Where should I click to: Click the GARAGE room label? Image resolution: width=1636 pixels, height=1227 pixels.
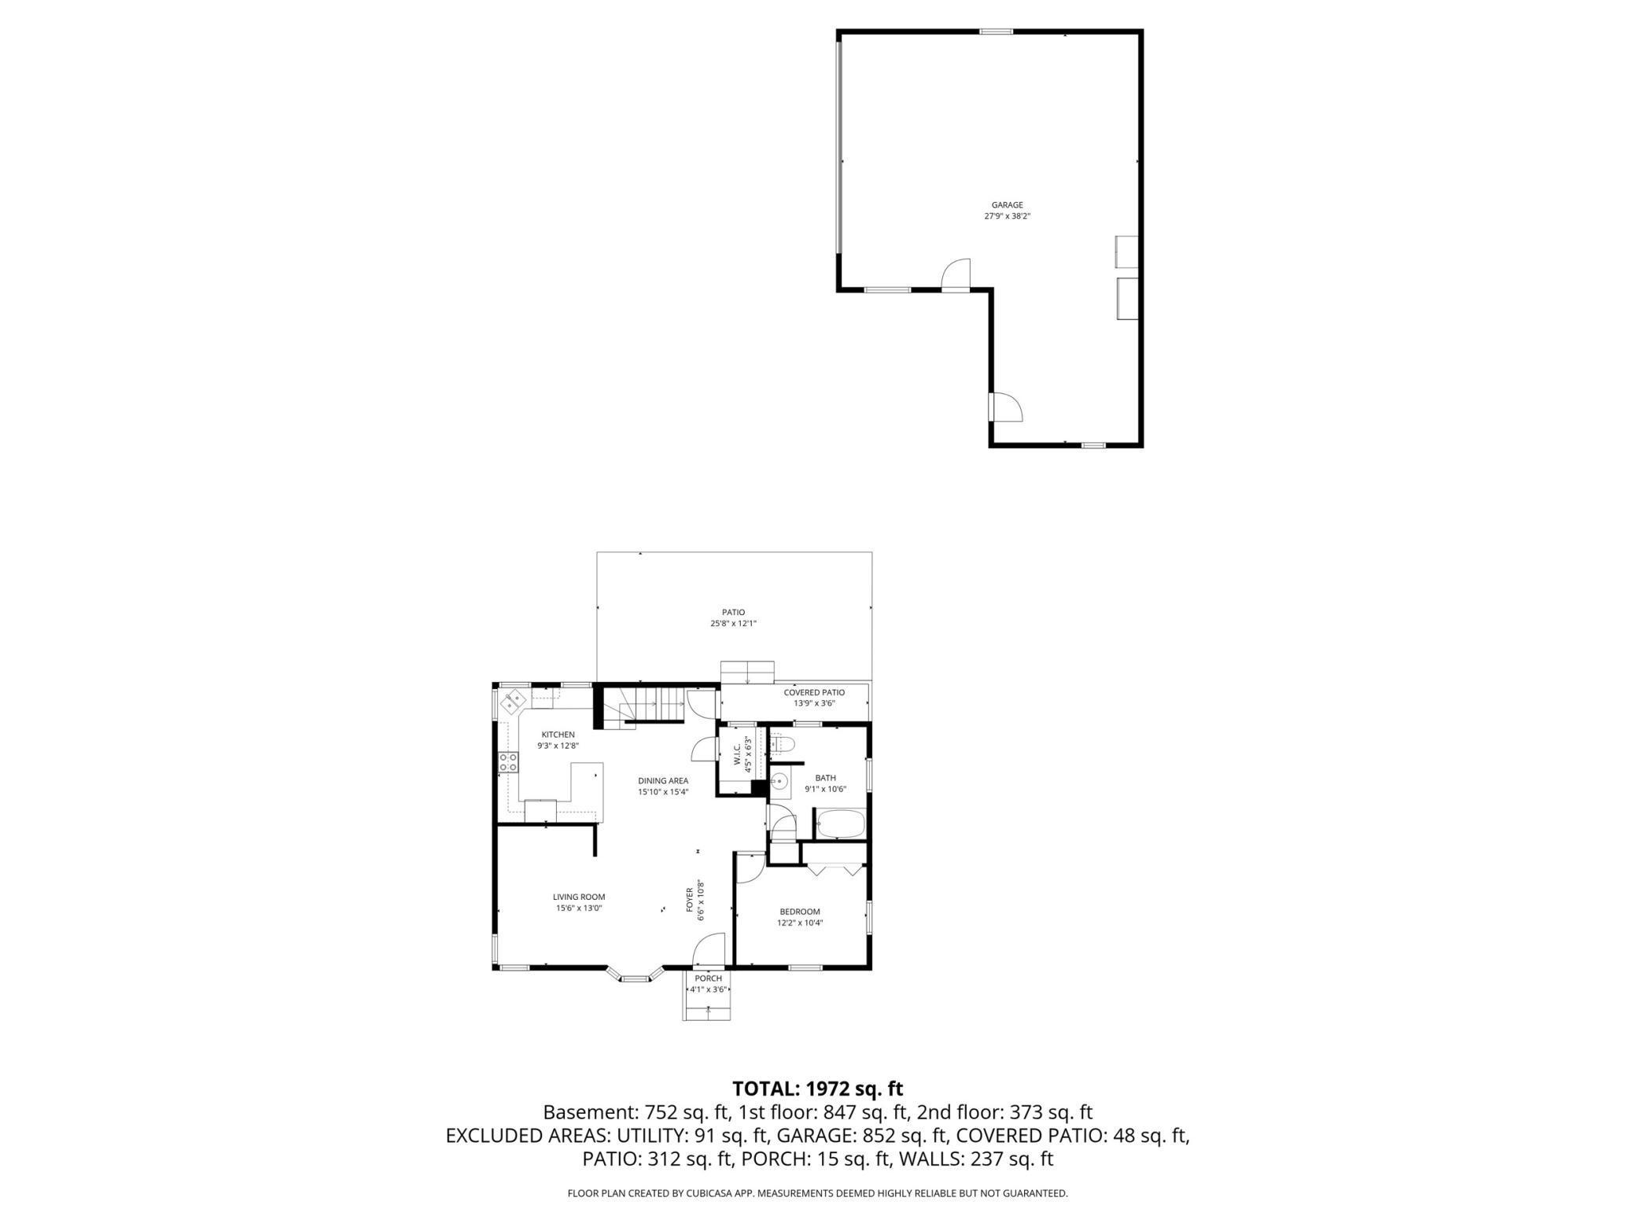click(1007, 205)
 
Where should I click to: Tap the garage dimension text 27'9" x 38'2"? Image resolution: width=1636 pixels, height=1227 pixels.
click(1007, 216)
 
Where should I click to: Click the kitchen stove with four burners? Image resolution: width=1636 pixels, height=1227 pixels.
click(508, 761)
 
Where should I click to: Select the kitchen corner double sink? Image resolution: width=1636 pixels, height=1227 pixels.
click(515, 700)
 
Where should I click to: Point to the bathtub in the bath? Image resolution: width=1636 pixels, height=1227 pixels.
click(841, 825)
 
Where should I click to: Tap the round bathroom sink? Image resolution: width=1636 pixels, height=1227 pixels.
click(779, 782)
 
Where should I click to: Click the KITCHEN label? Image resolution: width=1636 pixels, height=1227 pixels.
click(558, 735)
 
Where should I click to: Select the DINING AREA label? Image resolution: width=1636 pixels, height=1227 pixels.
click(663, 781)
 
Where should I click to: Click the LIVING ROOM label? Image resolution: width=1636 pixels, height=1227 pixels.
click(579, 897)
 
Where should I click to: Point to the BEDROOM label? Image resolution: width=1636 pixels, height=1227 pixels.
click(800, 912)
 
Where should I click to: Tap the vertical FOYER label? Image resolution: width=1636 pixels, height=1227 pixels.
click(690, 900)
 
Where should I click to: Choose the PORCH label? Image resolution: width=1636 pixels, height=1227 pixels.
click(708, 978)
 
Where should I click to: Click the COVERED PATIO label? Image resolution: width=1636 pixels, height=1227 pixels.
click(814, 692)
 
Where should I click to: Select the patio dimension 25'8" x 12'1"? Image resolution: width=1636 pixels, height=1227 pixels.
click(733, 624)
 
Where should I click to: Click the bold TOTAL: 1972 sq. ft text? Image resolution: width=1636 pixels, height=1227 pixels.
click(817, 1089)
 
